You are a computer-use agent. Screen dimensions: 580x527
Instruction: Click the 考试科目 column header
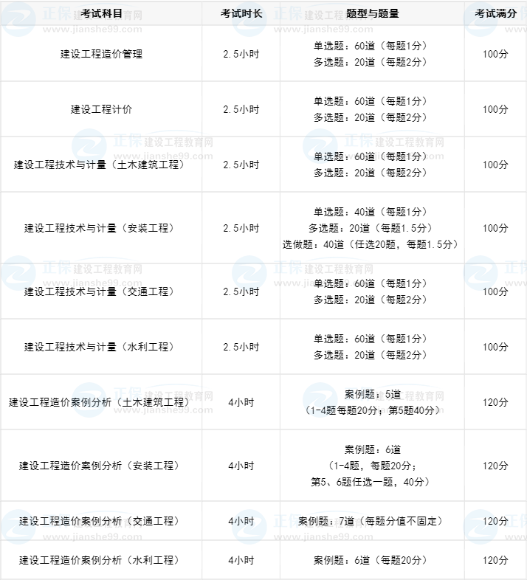102,13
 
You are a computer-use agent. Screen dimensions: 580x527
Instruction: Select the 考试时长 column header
241,13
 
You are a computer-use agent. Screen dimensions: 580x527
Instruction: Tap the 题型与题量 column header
372,13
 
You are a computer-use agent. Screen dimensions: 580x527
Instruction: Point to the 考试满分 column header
495,13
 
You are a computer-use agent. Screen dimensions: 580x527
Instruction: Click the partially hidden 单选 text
323,156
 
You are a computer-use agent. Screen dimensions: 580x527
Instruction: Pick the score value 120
489,521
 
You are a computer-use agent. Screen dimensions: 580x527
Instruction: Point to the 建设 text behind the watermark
27,521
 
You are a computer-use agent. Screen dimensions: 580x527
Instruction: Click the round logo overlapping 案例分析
89,399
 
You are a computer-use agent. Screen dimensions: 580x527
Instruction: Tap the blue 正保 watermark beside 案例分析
128,394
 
